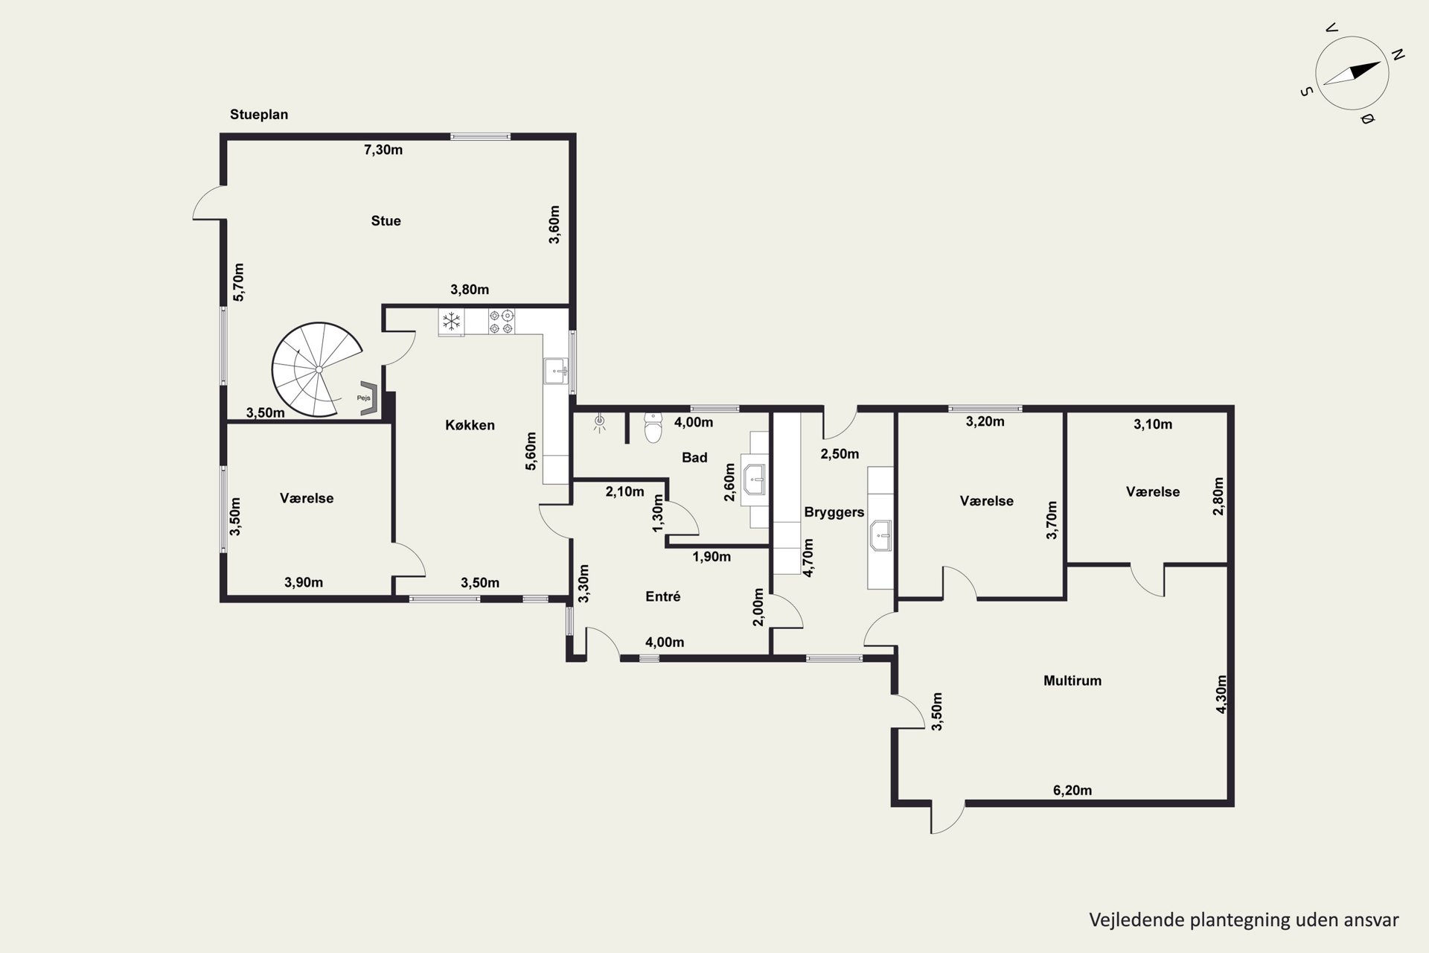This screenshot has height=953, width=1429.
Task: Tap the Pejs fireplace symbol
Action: (x=369, y=398)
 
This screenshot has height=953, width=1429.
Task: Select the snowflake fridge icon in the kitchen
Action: (x=450, y=322)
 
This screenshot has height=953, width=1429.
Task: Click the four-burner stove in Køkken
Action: (x=501, y=322)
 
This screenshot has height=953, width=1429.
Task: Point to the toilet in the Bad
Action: (x=653, y=428)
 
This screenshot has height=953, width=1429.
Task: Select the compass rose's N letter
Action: (x=1397, y=54)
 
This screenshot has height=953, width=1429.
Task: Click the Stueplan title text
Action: (x=259, y=115)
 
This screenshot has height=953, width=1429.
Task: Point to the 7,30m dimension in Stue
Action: (x=383, y=150)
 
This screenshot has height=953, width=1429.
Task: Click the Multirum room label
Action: (x=1072, y=681)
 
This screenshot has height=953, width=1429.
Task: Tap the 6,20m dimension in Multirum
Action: (x=1072, y=790)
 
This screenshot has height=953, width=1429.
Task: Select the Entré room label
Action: (x=663, y=596)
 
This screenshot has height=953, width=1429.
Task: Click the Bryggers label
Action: (x=834, y=512)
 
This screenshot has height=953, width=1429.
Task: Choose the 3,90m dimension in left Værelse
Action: (x=304, y=582)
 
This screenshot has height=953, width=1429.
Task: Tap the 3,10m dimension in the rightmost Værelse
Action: (x=1153, y=424)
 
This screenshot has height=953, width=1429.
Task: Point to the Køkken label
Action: (x=470, y=425)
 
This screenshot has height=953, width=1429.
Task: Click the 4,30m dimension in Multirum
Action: (x=1221, y=695)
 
